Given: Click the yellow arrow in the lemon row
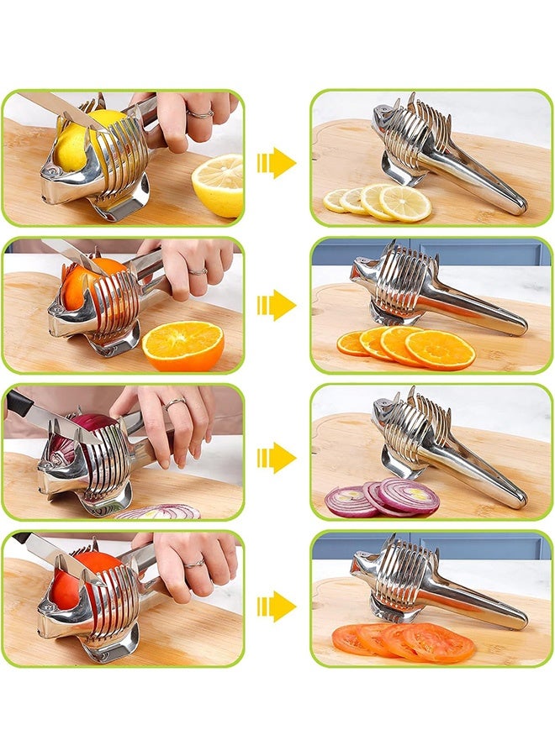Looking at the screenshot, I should pos(277,162).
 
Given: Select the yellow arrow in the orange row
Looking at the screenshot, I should pos(277,305).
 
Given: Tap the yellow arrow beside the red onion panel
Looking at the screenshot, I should pos(277,458).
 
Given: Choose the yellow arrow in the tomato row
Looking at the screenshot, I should pos(277,606).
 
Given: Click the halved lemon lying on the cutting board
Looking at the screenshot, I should pos(219,184).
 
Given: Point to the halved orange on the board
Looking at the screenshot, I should pos(182,345).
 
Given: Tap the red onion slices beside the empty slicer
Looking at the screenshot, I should pos(383,498).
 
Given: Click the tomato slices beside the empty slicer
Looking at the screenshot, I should pos(404,643).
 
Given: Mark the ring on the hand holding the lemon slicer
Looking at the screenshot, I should pos(200,113).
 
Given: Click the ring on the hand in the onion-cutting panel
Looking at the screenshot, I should pos(175,404).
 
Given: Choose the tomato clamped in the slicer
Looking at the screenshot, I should pos(76,580).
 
